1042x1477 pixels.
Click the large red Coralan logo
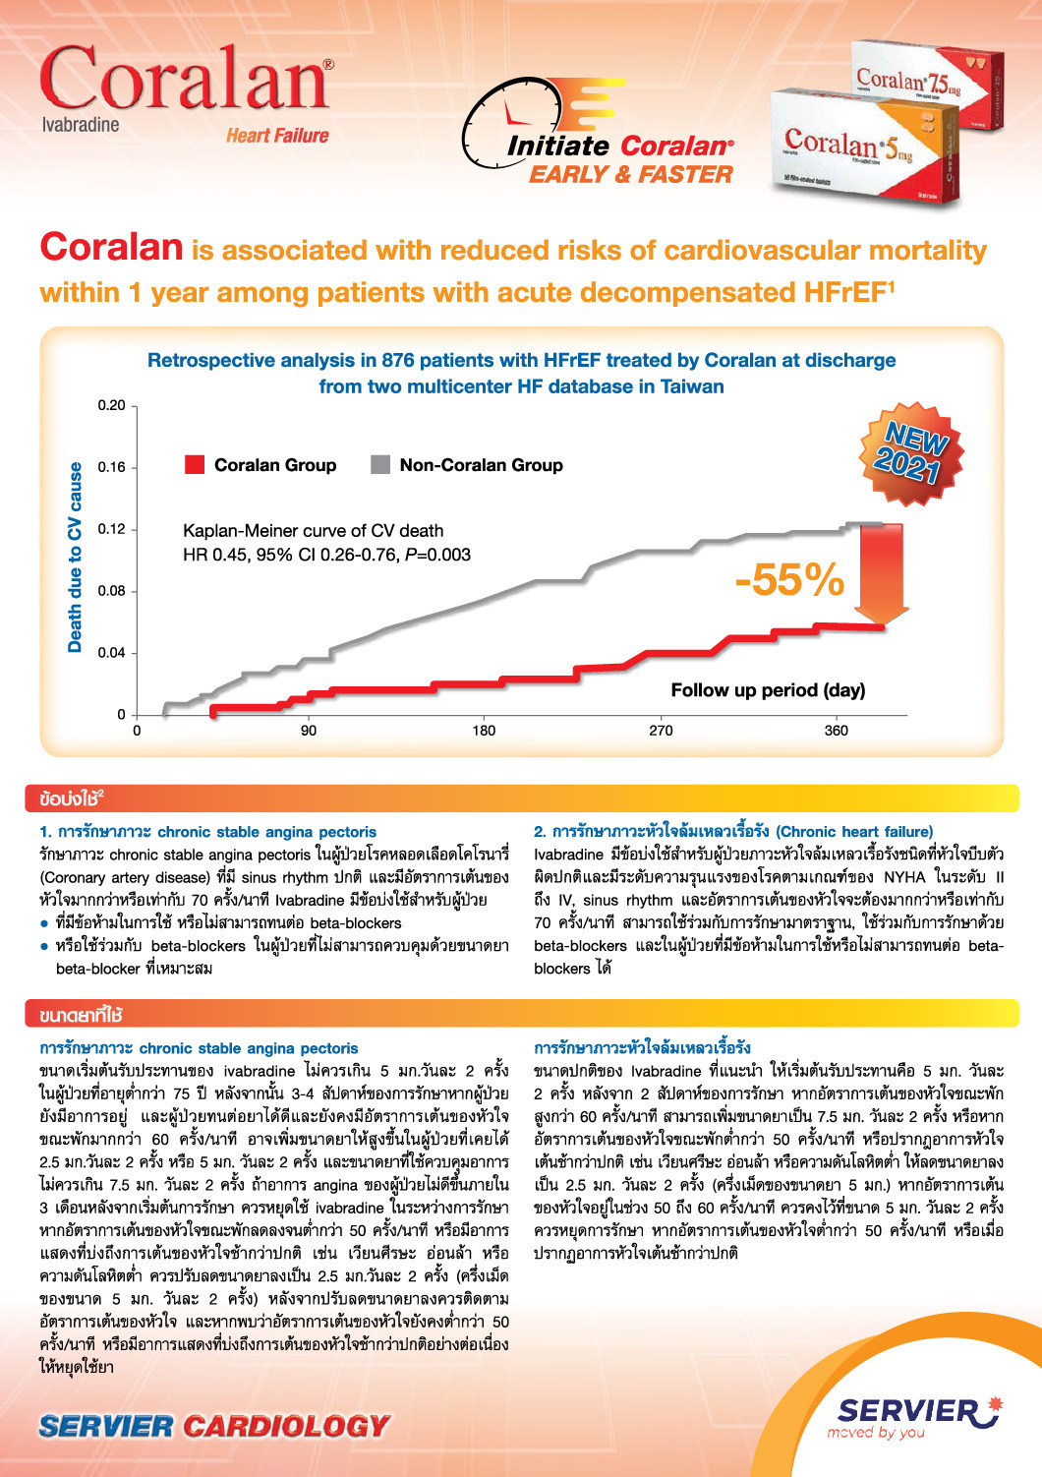[185, 79]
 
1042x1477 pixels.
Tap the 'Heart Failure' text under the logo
[277, 136]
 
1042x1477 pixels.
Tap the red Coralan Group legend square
[195, 465]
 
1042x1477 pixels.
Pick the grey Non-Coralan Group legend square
[379, 465]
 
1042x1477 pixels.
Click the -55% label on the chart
[789, 580]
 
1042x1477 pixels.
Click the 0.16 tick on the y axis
[112, 467]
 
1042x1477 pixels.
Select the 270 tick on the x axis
[661, 731]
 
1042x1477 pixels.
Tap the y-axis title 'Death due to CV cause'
[76, 558]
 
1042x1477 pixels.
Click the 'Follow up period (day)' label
[768, 690]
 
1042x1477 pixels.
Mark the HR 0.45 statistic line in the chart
[326, 555]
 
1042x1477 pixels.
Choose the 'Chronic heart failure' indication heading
[733, 832]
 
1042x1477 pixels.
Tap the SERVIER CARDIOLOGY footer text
[214, 1426]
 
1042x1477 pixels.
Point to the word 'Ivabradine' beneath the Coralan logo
[81, 125]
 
